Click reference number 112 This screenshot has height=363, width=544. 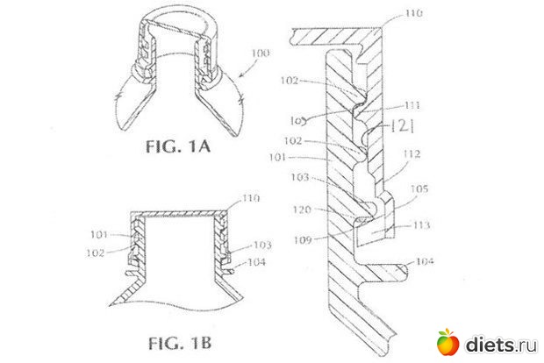click(412, 153)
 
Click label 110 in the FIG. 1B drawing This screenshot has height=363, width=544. click(251, 199)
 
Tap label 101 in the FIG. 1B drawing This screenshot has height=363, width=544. click(99, 234)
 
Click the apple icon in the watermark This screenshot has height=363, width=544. click(447, 341)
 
